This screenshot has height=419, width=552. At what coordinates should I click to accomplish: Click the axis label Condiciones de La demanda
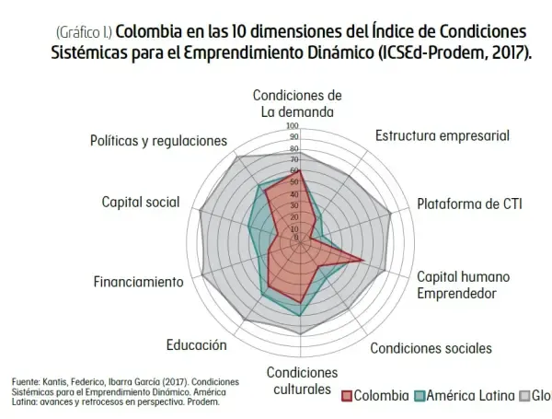[x=297, y=104]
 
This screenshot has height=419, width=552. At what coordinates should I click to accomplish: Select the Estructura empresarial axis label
[x=442, y=135]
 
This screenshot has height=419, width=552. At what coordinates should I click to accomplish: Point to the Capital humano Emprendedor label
[x=464, y=285]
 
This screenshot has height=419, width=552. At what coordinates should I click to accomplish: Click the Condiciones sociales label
[x=431, y=348]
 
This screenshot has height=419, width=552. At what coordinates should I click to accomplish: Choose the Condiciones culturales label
[x=302, y=380]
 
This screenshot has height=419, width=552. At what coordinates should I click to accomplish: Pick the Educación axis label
[x=196, y=345]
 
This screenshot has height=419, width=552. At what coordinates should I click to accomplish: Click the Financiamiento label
[x=138, y=281]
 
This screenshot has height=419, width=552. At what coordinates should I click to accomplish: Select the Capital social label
[x=141, y=203]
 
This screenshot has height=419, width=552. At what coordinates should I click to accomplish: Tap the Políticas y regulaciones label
[x=158, y=141]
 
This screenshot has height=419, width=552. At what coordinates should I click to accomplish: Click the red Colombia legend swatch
[x=347, y=396]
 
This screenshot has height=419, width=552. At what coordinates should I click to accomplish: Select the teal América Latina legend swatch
[x=420, y=396]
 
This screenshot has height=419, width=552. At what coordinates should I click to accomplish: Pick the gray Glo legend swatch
[x=525, y=396]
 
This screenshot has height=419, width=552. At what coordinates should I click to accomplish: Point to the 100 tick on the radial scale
[x=293, y=126]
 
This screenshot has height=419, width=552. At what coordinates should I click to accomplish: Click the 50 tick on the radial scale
[x=293, y=181]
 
